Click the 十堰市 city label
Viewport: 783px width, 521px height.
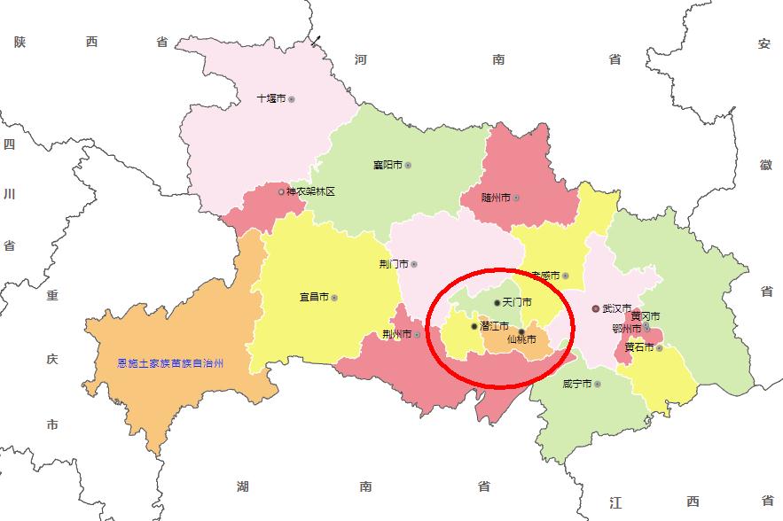[x=270, y=99]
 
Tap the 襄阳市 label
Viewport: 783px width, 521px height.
[x=388, y=165]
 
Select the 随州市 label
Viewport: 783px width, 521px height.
[x=495, y=198]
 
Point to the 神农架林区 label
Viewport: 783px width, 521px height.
[x=310, y=191]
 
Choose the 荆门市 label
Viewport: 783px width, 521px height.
[x=393, y=264]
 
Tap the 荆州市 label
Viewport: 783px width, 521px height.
[x=395, y=334]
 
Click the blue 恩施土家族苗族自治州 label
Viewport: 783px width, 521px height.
[x=170, y=363]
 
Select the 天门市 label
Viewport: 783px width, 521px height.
[x=517, y=303]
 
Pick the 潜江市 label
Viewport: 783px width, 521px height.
[x=495, y=327]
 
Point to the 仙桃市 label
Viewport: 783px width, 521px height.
[x=521, y=339]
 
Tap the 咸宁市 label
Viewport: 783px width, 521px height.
[x=576, y=385]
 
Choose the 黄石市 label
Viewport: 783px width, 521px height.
[x=638, y=347]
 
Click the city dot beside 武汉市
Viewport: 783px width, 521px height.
[x=596, y=309]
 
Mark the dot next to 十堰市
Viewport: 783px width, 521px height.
[x=291, y=99]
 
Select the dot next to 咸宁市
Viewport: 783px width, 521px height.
[x=598, y=385]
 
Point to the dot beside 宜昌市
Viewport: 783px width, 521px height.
[x=334, y=298]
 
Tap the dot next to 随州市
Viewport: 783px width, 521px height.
[x=515, y=198]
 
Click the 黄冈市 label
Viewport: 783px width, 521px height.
[x=646, y=316]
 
